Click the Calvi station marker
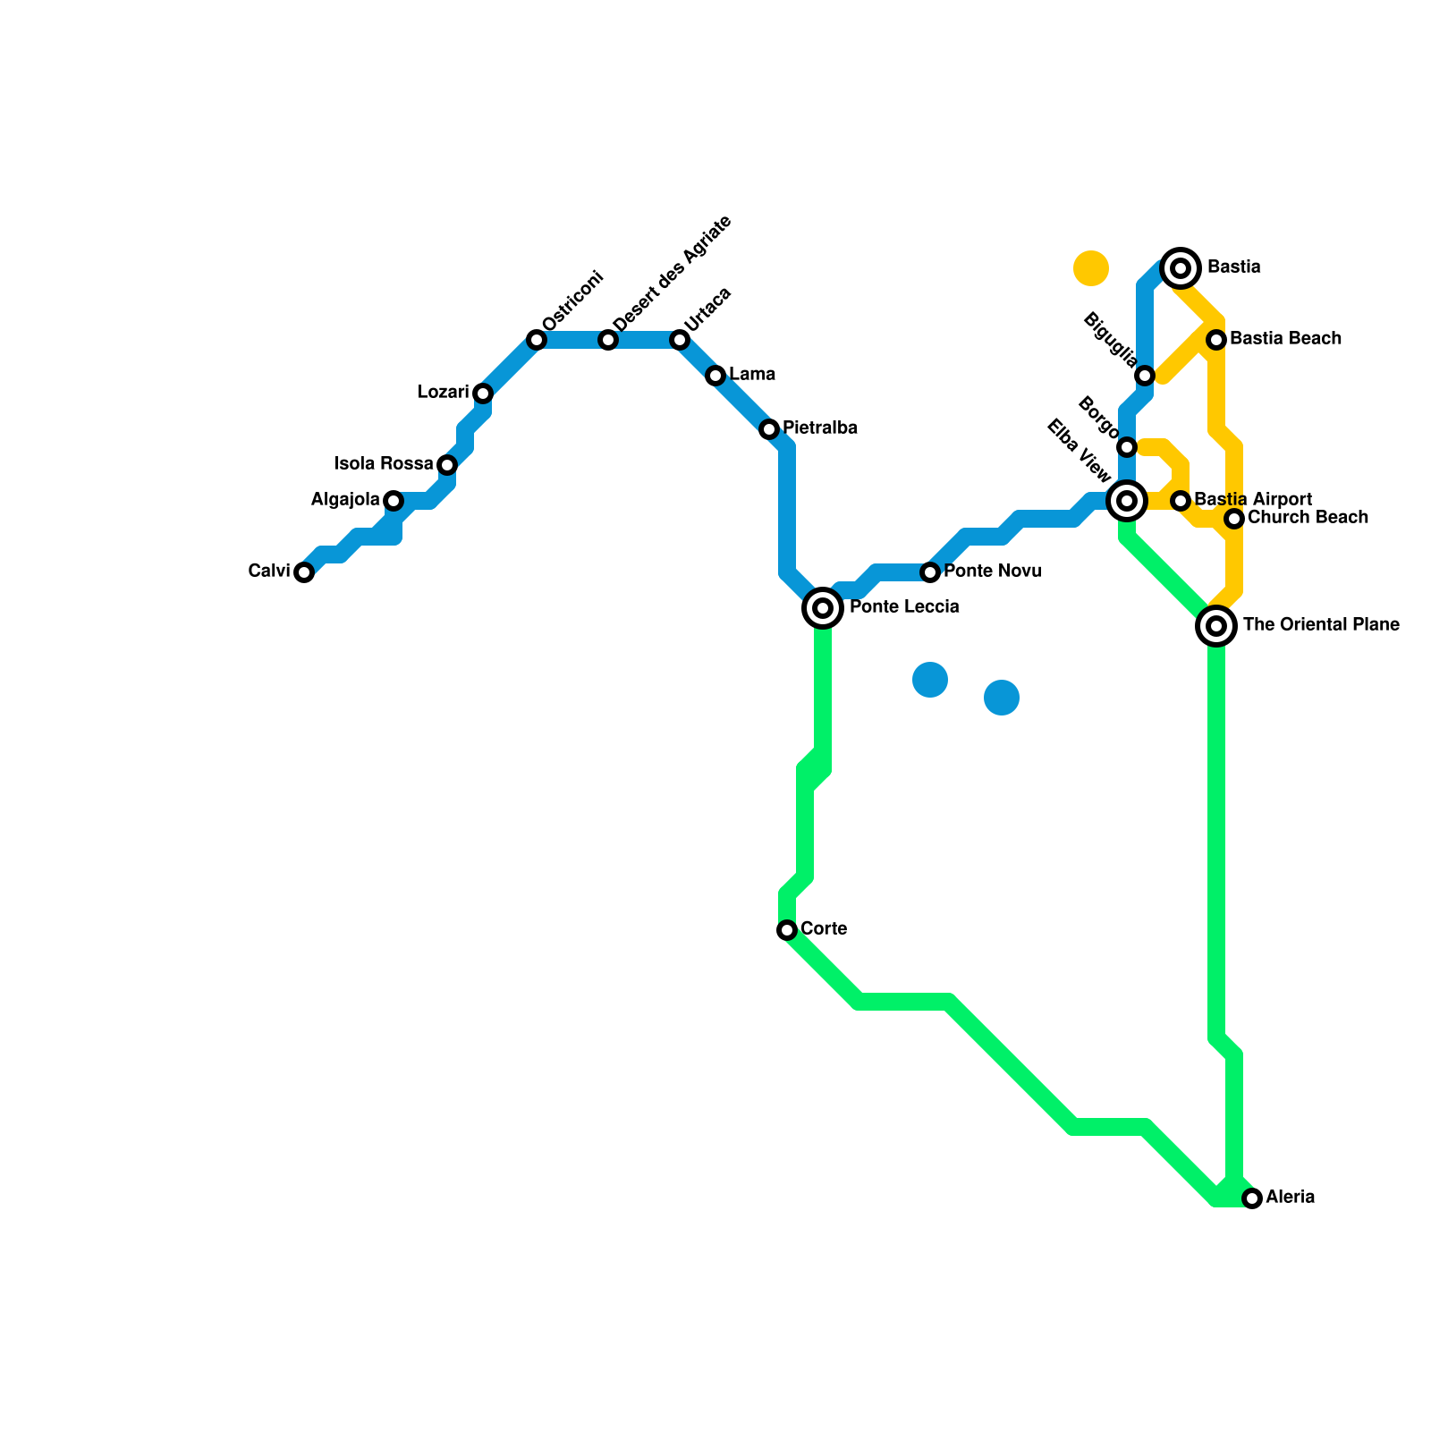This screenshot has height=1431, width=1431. tap(304, 572)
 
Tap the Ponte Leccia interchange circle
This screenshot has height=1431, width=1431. tap(823, 608)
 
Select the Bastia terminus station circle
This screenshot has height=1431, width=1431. tap(1181, 267)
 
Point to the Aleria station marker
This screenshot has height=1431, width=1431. tap(1252, 1198)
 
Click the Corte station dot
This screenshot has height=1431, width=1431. tap(787, 930)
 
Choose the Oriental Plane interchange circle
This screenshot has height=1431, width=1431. tap(1216, 626)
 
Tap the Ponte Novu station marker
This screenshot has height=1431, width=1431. tap(930, 572)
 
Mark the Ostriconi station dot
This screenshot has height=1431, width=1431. tap(537, 340)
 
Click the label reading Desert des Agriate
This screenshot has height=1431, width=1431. tap(673, 273)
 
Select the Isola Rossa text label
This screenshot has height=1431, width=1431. tap(384, 464)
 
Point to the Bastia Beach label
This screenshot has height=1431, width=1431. tap(1285, 339)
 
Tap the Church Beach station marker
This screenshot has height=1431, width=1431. tap(1234, 519)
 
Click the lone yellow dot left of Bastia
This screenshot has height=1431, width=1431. tap(1091, 267)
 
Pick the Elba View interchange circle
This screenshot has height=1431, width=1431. tap(1127, 501)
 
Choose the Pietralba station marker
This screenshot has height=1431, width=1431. tap(769, 429)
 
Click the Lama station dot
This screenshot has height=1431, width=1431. tap(715, 376)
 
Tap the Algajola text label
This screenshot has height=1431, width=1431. tap(345, 500)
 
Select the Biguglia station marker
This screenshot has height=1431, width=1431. tap(1145, 376)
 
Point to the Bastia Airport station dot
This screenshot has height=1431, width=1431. tap(1181, 501)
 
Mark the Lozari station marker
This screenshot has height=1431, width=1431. tap(483, 394)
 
